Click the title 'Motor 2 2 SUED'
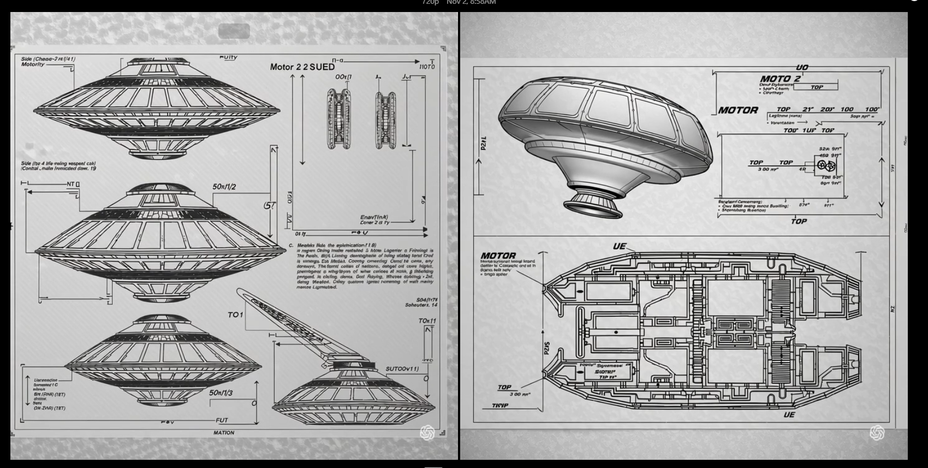pos(302,67)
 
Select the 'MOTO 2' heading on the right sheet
pos(780,79)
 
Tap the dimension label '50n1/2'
pos(224,187)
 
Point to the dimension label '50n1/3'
pos(221,393)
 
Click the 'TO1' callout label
pos(235,315)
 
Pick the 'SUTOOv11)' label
pos(402,369)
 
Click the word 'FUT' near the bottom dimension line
pos(222,420)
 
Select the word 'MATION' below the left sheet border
pos(224,433)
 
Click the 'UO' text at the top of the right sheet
pos(802,68)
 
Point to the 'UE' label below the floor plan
pos(789,415)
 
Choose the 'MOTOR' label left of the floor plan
pos(498,256)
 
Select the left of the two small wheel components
pos(339,119)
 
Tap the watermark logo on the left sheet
pos(427,433)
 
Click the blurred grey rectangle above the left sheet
pos(234,31)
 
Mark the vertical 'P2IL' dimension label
pos(484,144)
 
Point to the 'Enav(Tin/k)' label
pos(374,217)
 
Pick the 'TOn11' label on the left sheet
pos(427,321)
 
